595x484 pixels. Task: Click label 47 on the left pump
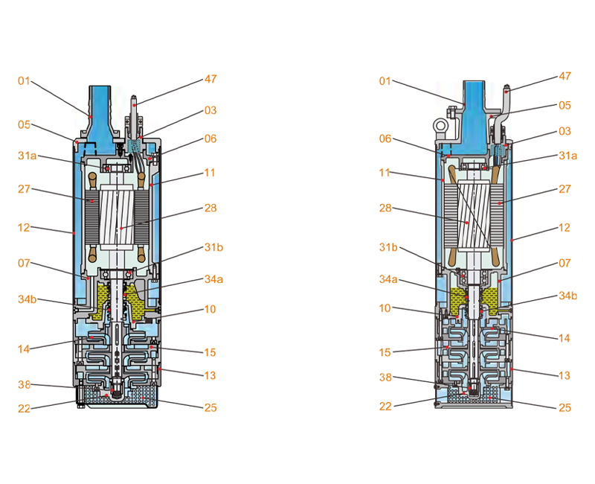210,79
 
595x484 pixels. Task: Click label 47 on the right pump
565,77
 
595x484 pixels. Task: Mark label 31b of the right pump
387,247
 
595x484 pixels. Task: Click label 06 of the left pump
210,139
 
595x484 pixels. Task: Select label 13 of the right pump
565,376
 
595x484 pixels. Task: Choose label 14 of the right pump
565,338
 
